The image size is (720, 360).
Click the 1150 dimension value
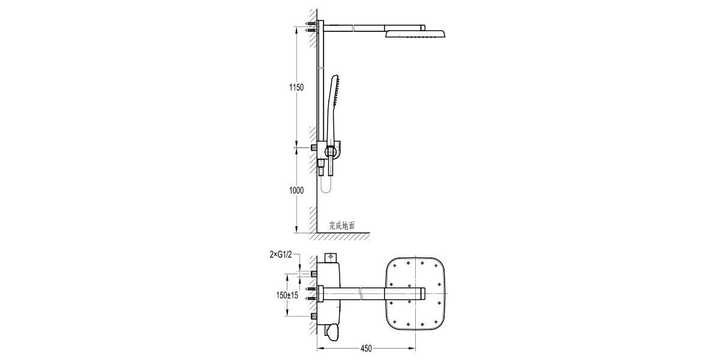click(296, 88)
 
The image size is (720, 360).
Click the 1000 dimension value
click(296, 191)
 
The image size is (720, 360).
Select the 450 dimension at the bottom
click(366, 349)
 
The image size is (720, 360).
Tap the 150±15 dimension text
click(287, 295)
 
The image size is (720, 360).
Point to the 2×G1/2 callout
click(281, 255)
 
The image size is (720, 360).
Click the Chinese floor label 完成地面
click(342, 226)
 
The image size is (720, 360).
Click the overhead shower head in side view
click(415, 34)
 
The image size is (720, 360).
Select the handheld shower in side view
click(332, 109)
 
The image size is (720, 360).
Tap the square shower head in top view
click(416, 294)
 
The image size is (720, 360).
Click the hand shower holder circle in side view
click(330, 151)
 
